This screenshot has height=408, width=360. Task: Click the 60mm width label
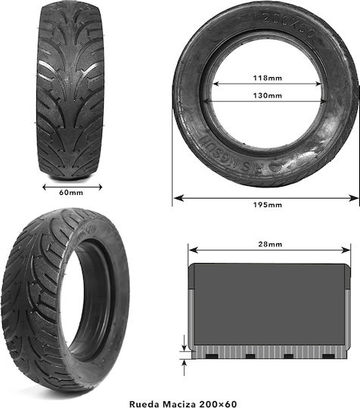pos(71,193)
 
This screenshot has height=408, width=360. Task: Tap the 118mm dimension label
pos(268,78)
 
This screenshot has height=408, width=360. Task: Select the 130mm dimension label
pos(268,95)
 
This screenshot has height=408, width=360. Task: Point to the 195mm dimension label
pos(268,205)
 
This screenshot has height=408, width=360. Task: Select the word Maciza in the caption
pos(179,404)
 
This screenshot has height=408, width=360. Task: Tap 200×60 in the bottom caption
pos(218,404)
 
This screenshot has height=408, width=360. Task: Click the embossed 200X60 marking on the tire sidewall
pos(289,25)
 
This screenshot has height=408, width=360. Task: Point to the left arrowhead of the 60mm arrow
pos(45,187)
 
